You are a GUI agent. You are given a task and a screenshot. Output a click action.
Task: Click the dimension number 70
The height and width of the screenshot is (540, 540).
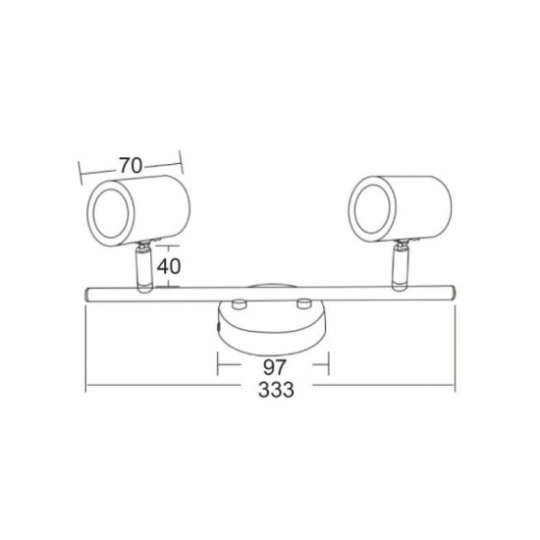click(x=131, y=165)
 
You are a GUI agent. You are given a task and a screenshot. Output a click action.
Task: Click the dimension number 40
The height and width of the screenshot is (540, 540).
click(x=169, y=266)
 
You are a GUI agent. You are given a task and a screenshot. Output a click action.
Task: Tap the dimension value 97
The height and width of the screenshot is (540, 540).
click(x=275, y=367)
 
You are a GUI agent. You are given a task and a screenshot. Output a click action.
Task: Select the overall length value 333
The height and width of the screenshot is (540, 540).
click(x=276, y=390)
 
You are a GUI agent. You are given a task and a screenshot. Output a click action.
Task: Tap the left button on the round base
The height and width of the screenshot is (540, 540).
click(x=239, y=303)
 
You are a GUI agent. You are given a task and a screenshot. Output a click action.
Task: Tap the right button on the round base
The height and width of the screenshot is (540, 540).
click(x=304, y=303)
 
